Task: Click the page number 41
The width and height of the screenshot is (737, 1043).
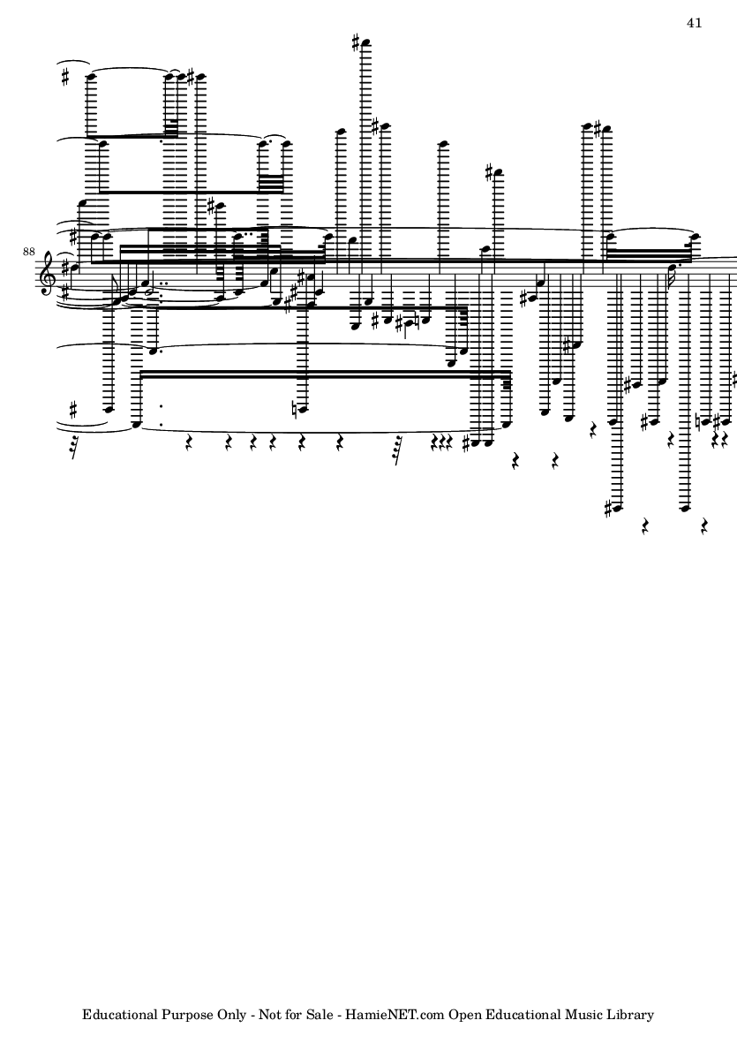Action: tap(695, 23)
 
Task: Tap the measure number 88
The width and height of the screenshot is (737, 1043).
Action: tap(28, 252)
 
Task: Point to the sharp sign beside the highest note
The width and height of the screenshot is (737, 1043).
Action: tap(357, 43)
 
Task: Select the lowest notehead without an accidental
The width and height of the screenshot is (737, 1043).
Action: tap(688, 509)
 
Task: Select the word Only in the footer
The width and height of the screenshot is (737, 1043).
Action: tap(232, 1015)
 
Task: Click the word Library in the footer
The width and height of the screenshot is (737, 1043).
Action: tap(631, 1015)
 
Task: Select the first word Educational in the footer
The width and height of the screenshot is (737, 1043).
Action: tap(120, 1015)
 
